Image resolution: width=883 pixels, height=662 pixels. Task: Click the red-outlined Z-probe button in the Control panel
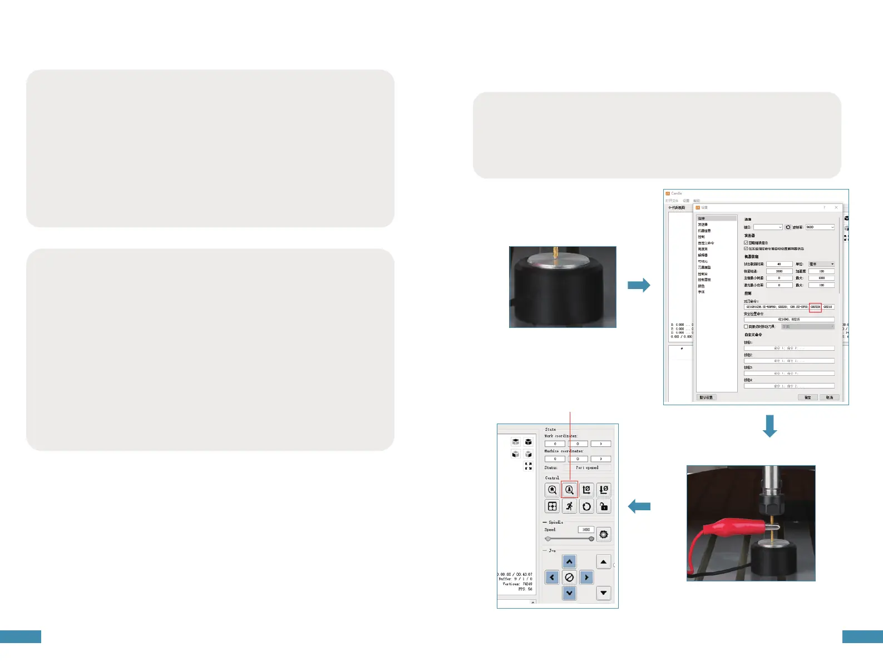point(569,490)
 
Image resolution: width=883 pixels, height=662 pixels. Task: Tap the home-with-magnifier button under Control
point(552,490)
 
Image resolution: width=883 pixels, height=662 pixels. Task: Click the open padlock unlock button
point(604,506)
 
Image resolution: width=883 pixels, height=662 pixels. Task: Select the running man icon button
point(569,506)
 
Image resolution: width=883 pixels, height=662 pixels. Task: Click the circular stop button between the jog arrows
point(569,578)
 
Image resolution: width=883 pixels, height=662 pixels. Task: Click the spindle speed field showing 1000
point(586,530)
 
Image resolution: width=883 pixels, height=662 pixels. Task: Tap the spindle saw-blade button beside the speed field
point(604,535)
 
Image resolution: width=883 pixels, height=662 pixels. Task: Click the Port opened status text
point(587,468)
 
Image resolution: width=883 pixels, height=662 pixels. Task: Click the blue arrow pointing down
point(769,426)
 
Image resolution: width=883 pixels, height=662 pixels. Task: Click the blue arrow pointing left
point(639,506)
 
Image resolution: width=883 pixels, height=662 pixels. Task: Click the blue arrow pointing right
point(639,285)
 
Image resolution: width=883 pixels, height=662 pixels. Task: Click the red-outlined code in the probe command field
point(815,307)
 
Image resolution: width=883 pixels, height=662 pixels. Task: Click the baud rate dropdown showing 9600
point(820,227)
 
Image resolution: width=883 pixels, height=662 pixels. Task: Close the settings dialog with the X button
point(836,207)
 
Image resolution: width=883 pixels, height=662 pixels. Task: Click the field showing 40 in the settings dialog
point(779,264)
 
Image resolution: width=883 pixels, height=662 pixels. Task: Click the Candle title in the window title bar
point(677,193)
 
